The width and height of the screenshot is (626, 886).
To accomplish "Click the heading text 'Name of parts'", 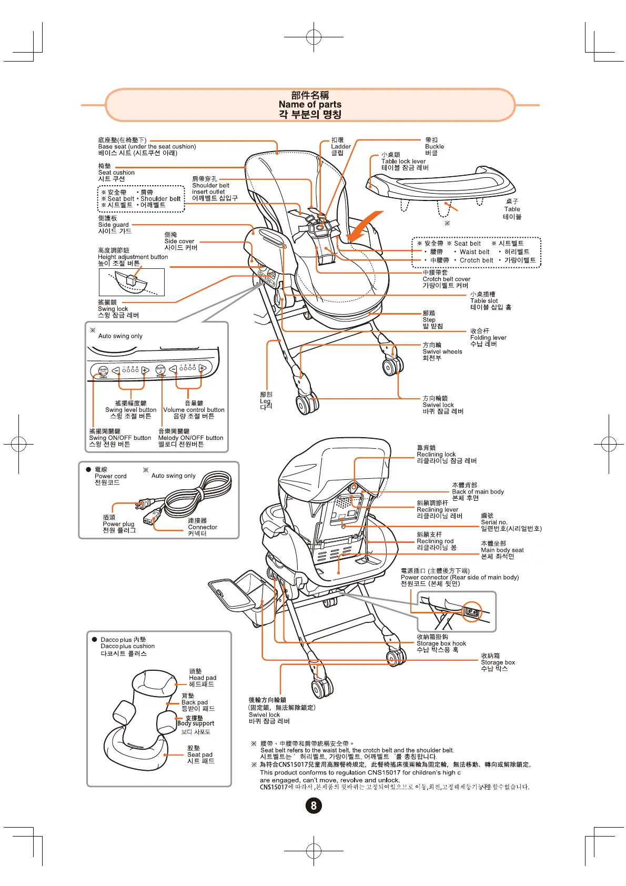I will coord(310,104).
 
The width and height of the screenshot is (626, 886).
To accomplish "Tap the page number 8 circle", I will coord(314,806).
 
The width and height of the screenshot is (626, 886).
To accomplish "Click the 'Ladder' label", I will coord(340,147).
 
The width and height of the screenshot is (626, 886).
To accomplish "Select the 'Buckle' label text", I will coord(435,147).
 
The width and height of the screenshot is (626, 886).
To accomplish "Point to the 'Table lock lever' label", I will coord(403,162).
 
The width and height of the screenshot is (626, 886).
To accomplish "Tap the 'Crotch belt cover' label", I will coord(446,279).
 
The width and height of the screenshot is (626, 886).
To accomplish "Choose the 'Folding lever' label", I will coord(488,338).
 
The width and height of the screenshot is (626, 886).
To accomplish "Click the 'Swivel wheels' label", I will coord(442,352).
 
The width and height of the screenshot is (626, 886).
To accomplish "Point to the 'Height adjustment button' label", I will coord(133,257).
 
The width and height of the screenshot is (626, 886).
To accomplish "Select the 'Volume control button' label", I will coord(194,410).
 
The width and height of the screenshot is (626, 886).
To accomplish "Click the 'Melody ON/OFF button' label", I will coord(190,438).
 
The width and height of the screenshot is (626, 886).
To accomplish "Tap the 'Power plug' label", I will coord(118,524).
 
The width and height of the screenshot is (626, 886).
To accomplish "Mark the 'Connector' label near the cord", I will coord(203,527).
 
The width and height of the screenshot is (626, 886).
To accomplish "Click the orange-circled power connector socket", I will coord(472,612).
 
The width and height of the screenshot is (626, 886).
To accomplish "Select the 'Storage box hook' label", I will coord(441,643).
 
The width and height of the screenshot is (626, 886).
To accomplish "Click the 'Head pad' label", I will coord(203,678).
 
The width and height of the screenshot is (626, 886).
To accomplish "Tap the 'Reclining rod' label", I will coord(435,541).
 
